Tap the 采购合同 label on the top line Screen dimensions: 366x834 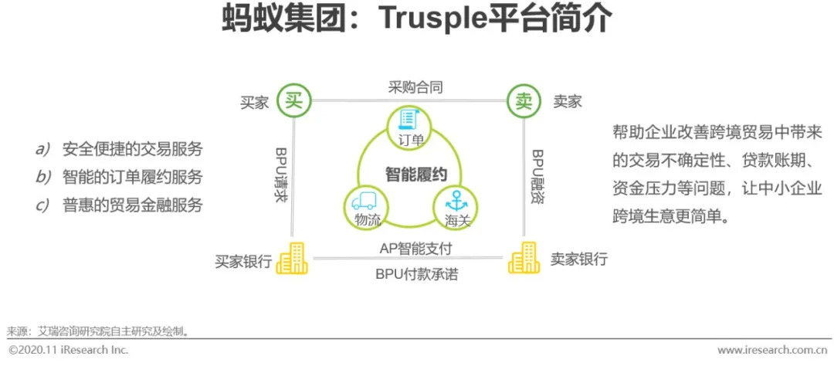pyautogui.click(x=415, y=87)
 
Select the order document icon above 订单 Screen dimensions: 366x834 pyautogui.click(x=408, y=120)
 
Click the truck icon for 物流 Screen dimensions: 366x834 pyautogui.click(x=363, y=202)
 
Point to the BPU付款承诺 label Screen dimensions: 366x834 pyautogui.click(x=415, y=274)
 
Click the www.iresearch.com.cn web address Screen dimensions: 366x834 pyautogui.click(x=773, y=351)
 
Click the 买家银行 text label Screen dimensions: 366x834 pyautogui.click(x=243, y=261)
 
